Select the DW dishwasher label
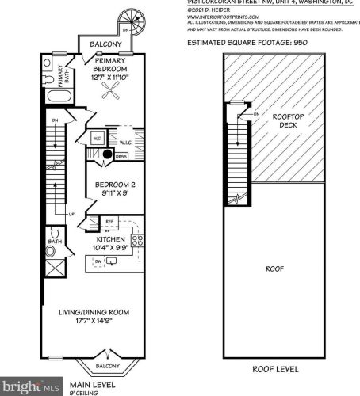(98, 261)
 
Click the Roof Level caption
(275, 369)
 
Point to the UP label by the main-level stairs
(71, 215)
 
